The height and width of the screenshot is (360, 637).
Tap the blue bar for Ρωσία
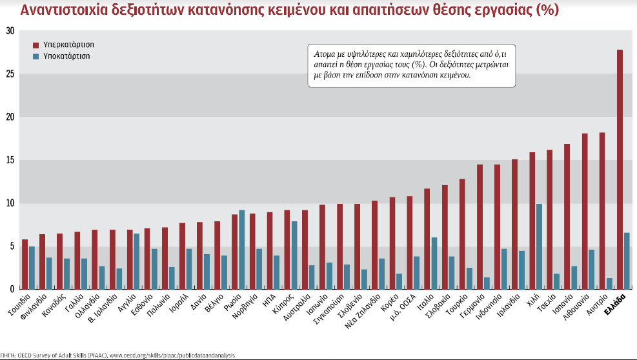coord(241,249)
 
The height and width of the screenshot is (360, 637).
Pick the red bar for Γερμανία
coord(480,226)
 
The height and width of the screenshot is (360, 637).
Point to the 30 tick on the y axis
coord(9,31)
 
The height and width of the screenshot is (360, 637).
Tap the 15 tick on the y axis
coord(9,160)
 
